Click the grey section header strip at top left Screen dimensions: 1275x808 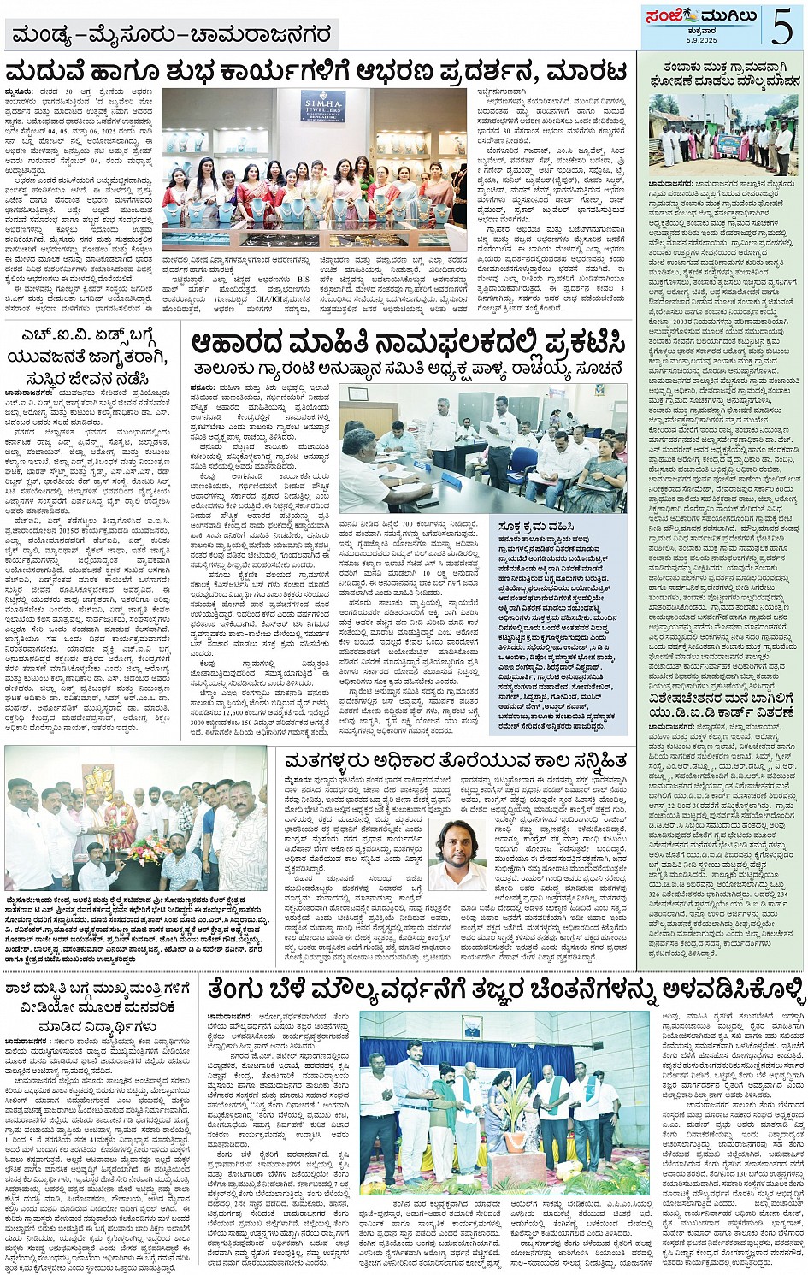click(170, 36)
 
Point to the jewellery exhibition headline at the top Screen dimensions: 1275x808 click(316, 70)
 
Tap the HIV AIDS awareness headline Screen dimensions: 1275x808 click(91, 355)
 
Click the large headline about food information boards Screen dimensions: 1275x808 click(408, 345)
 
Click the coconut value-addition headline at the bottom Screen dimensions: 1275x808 click(504, 990)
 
